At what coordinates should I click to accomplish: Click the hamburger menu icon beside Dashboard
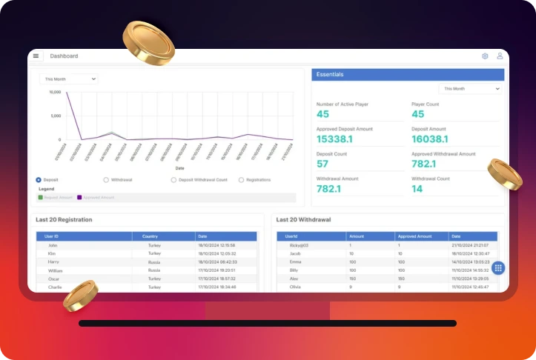tap(36, 56)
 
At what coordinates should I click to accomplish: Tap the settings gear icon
tap(485, 56)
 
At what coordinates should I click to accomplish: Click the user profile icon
tap(500, 56)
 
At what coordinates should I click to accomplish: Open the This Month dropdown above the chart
tap(69, 79)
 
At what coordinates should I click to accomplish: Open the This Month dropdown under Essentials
tap(470, 89)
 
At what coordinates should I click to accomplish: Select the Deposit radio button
tap(39, 180)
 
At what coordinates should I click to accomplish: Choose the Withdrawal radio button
tap(106, 180)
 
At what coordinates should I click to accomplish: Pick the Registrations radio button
tap(241, 180)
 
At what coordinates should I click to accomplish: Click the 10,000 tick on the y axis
tap(55, 93)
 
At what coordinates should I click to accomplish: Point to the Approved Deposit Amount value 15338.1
tap(334, 139)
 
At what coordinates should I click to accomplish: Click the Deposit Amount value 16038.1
tap(429, 139)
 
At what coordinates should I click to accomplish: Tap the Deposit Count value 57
tap(322, 164)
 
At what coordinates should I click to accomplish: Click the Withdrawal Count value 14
tap(417, 189)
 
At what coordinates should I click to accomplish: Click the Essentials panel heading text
tap(330, 75)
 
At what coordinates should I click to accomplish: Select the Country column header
tap(150, 236)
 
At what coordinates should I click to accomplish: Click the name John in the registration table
tap(53, 244)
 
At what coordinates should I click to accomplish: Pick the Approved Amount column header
tap(414, 236)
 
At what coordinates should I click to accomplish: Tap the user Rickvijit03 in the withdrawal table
tap(300, 244)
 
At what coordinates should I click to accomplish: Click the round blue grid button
tap(498, 268)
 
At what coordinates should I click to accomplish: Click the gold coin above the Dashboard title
tap(148, 41)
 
